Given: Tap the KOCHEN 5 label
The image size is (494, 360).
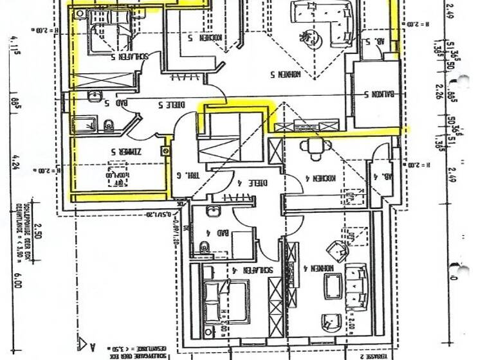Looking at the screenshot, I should [205, 38].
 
